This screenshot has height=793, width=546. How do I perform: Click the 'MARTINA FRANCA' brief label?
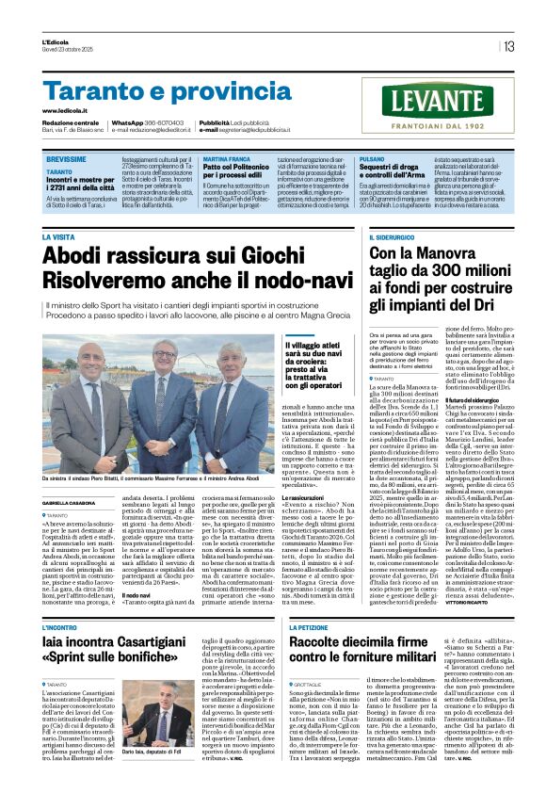tap(226, 161)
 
